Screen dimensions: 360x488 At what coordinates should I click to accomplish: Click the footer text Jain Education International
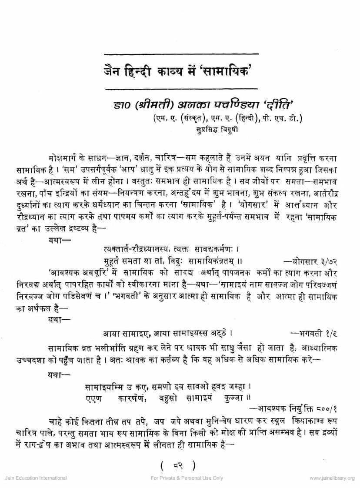tap(36, 478)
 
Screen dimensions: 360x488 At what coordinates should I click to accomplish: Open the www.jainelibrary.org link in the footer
tap(332, 478)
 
